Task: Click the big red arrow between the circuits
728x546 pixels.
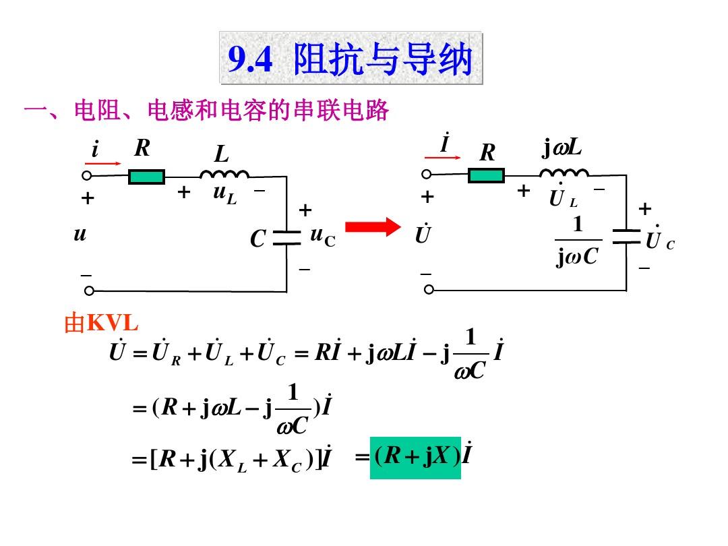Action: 373,227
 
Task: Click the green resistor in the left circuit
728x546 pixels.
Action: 146,177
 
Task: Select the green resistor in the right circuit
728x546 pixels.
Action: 486,175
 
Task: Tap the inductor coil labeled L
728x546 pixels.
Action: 224,174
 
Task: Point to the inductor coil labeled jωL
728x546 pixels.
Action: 564,173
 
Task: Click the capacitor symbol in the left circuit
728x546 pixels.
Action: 287,237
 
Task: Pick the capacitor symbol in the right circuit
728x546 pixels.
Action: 626,237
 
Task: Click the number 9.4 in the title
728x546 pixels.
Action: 250,59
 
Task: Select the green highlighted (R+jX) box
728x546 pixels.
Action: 415,458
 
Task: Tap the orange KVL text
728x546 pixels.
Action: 113,322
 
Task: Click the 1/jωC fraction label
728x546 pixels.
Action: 578,241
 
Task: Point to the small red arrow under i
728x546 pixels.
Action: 102,163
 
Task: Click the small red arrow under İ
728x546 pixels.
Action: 442,158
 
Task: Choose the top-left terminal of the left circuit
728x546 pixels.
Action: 87,175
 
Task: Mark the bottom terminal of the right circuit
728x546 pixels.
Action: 429,290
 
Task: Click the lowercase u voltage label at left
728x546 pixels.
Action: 80,233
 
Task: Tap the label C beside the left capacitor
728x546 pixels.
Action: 257,239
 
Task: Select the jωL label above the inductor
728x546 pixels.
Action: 562,148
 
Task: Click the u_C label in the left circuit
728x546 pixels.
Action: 323,237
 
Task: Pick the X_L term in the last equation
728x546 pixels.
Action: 232,461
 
